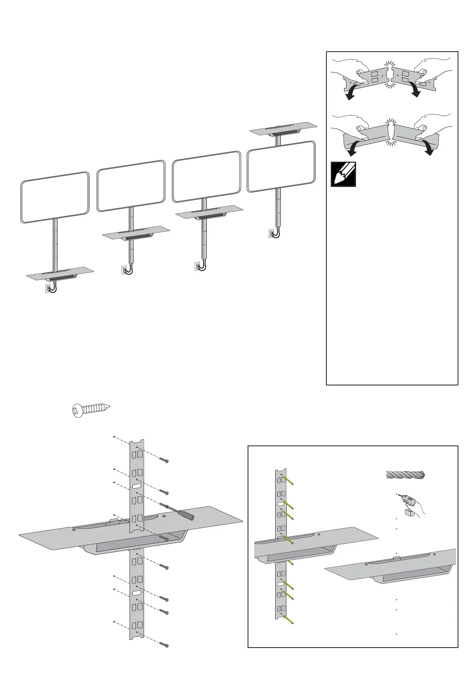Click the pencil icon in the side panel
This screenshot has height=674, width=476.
343,174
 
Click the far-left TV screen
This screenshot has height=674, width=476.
55,197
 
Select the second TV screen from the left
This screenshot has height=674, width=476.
131,185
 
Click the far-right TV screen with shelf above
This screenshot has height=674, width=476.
281,166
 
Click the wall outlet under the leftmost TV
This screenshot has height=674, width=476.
48,288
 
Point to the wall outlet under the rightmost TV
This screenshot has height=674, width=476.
271,233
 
